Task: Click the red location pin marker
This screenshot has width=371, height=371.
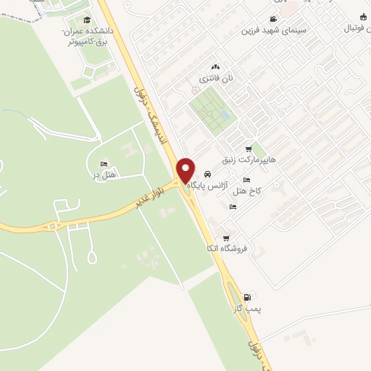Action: click(186, 170)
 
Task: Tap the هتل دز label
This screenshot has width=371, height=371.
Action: click(107, 175)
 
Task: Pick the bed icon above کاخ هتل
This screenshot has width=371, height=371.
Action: click(246, 180)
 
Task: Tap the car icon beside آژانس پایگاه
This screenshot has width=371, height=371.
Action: click(208, 175)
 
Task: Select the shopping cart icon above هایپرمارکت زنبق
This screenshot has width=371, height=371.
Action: click(249, 149)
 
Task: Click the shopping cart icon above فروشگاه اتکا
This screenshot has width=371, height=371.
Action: click(226, 238)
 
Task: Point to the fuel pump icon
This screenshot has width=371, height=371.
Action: click(249, 296)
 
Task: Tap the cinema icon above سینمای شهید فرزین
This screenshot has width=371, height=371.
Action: click(272, 19)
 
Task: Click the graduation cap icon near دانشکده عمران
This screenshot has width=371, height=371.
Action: click(87, 20)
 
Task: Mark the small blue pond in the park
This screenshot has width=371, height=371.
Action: click(225, 115)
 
